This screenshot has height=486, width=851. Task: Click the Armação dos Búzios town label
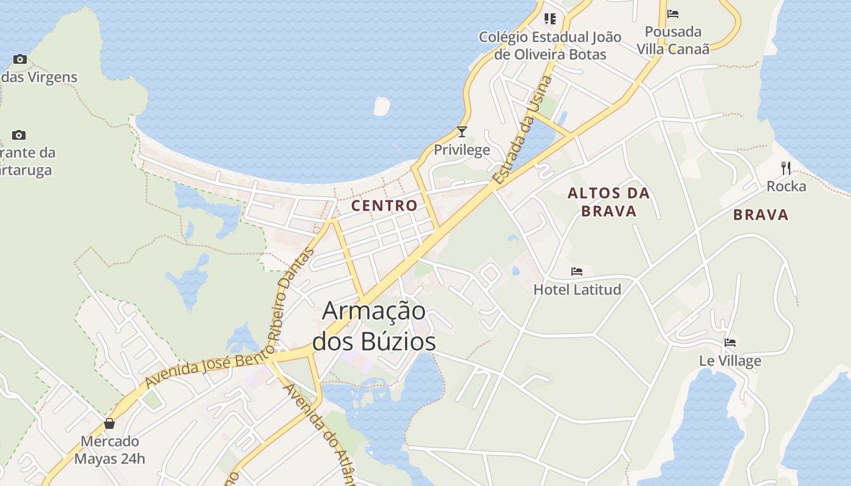pyautogui.click(x=374, y=326)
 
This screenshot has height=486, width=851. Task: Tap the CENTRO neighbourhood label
pyautogui.click(x=384, y=205)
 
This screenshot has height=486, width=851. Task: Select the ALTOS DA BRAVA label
pyautogui.click(x=608, y=202)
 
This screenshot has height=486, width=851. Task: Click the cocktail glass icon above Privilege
pyautogui.click(x=462, y=131)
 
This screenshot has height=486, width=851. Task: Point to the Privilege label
pyautogui.click(x=462, y=150)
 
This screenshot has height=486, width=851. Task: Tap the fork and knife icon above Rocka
pyautogui.click(x=786, y=168)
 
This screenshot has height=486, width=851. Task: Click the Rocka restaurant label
pyautogui.click(x=786, y=187)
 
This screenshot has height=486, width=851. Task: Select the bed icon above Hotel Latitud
pyautogui.click(x=577, y=271)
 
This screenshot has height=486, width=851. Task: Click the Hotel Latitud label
pyautogui.click(x=577, y=290)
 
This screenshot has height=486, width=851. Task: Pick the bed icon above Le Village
pyautogui.click(x=730, y=343)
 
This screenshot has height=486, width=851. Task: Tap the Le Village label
pyautogui.click(x=730, y=361)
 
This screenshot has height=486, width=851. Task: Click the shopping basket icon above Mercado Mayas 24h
pyautogui.click(x=109, y=423)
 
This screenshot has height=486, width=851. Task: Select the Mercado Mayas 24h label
pyautogui.click(x=110, y=450)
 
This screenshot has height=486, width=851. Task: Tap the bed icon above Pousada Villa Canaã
pyautogui.click(x=673, y=13)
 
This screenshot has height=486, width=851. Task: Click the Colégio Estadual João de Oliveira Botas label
pyautogui.click(x=550, y=46)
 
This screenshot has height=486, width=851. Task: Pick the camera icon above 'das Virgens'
pyautogui.click(x=20, y=59)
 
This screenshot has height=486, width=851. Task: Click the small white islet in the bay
pyautogui.click(x=381, y=106)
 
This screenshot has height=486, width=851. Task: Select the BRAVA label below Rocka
pyautogui.click(x=760, y=214)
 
